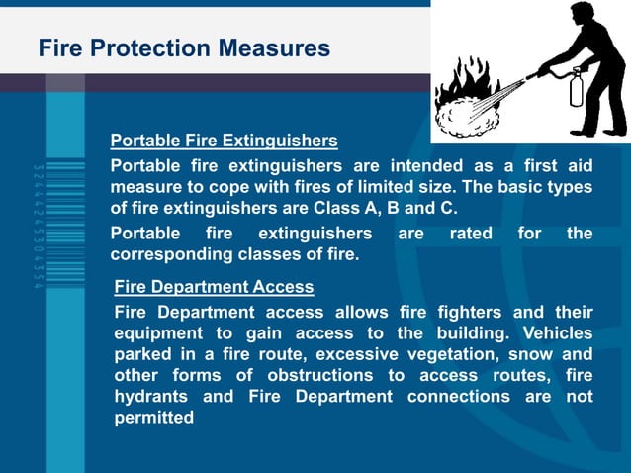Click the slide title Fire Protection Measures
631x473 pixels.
tap(184, 47)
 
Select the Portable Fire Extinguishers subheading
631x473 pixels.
tap(224, 141)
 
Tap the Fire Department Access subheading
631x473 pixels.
tap(214, 287)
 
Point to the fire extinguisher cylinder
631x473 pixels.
tap(576, 88)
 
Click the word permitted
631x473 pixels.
tap(153, 418)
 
